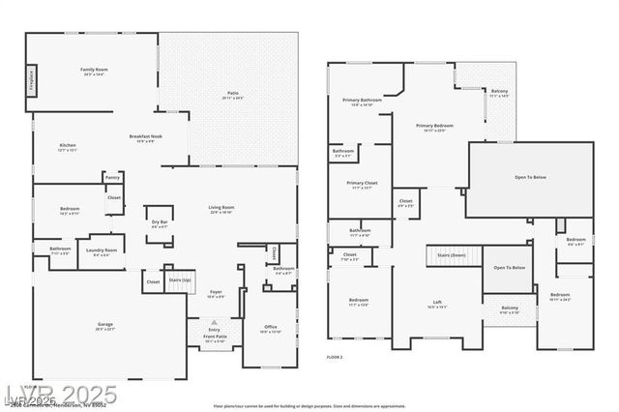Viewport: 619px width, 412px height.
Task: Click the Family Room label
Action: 94,70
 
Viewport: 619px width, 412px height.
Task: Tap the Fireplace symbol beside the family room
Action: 31,77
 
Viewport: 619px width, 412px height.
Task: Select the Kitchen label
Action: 67,146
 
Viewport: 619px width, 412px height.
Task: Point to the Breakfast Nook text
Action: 145,136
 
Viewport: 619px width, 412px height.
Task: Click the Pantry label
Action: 112,177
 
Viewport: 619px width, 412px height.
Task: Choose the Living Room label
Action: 221,207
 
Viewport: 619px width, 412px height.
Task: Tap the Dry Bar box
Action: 159,222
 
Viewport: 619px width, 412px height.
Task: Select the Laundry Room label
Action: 103,250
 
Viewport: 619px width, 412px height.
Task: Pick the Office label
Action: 270,327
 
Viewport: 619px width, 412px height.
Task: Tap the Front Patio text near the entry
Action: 214,338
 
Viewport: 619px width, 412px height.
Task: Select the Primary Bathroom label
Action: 362,101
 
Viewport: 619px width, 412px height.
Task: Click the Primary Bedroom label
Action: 434,126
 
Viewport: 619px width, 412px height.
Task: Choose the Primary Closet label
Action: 362,183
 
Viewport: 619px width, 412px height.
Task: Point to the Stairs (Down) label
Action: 452,255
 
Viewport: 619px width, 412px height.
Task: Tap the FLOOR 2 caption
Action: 335,357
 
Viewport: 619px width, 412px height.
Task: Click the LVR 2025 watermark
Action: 61,394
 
